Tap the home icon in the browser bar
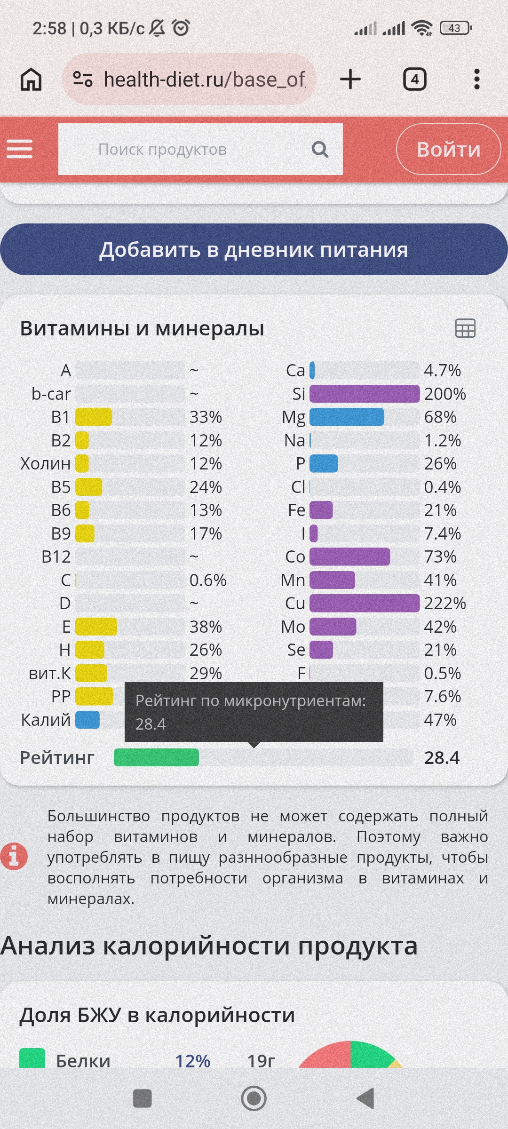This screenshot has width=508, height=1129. click(x=31, y=79)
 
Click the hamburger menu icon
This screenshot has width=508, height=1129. click(x=19, y=149)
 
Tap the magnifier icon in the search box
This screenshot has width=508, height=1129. click(x=320, y=150)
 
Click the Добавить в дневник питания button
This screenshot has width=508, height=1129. click(x=254, y=249)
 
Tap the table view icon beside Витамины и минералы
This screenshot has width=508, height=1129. click(x=465, y=328)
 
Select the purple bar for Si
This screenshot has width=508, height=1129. click(x=364, y=394)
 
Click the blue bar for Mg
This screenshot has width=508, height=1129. click(x=347, y=417)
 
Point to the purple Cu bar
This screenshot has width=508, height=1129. click(x=364, y=603)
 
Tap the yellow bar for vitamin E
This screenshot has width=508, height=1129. click(x=96, y=627)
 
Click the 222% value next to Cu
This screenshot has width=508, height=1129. click(x=444, y=603)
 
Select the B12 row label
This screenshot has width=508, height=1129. click(x=56, y=557)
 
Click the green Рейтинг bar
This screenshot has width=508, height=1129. click(x=156, y=757)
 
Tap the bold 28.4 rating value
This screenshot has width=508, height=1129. click(x=442, y=757)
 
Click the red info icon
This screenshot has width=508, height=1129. click(x=14, y=856)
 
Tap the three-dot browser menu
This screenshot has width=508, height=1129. click(x=476, y=79)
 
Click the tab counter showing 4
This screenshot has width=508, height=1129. click(x=414, y=79)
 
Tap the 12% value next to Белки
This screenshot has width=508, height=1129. click(x=192, y=1061)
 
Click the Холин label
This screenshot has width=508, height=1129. click(x=45, y=463)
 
